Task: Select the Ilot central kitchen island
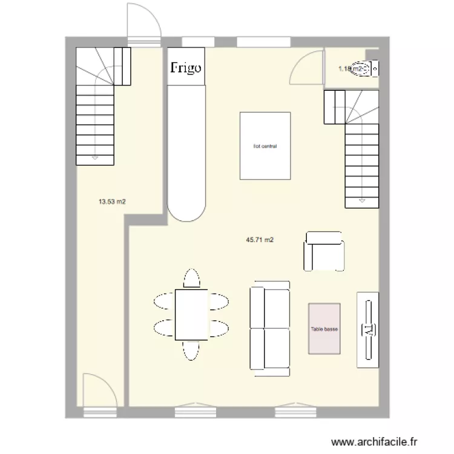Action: click(x=265, y=146)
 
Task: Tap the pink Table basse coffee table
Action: click(x=324, y=329)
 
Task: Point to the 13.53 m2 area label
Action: click(x=112, y=202)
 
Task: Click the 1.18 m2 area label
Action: click(x=349, y=69)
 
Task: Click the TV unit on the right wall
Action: click(x=367, y=329)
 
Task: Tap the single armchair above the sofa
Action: click(x=324, y=251)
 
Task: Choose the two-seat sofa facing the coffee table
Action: click(x=269, y=327)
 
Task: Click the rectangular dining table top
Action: click(x=191, y=315)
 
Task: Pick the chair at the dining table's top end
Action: click(x=191, y=278)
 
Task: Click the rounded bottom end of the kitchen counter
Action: click(x=187, y=209)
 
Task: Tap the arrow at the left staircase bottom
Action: click(x=95, y=159)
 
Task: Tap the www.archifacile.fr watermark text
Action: click(x=376, y=443)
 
